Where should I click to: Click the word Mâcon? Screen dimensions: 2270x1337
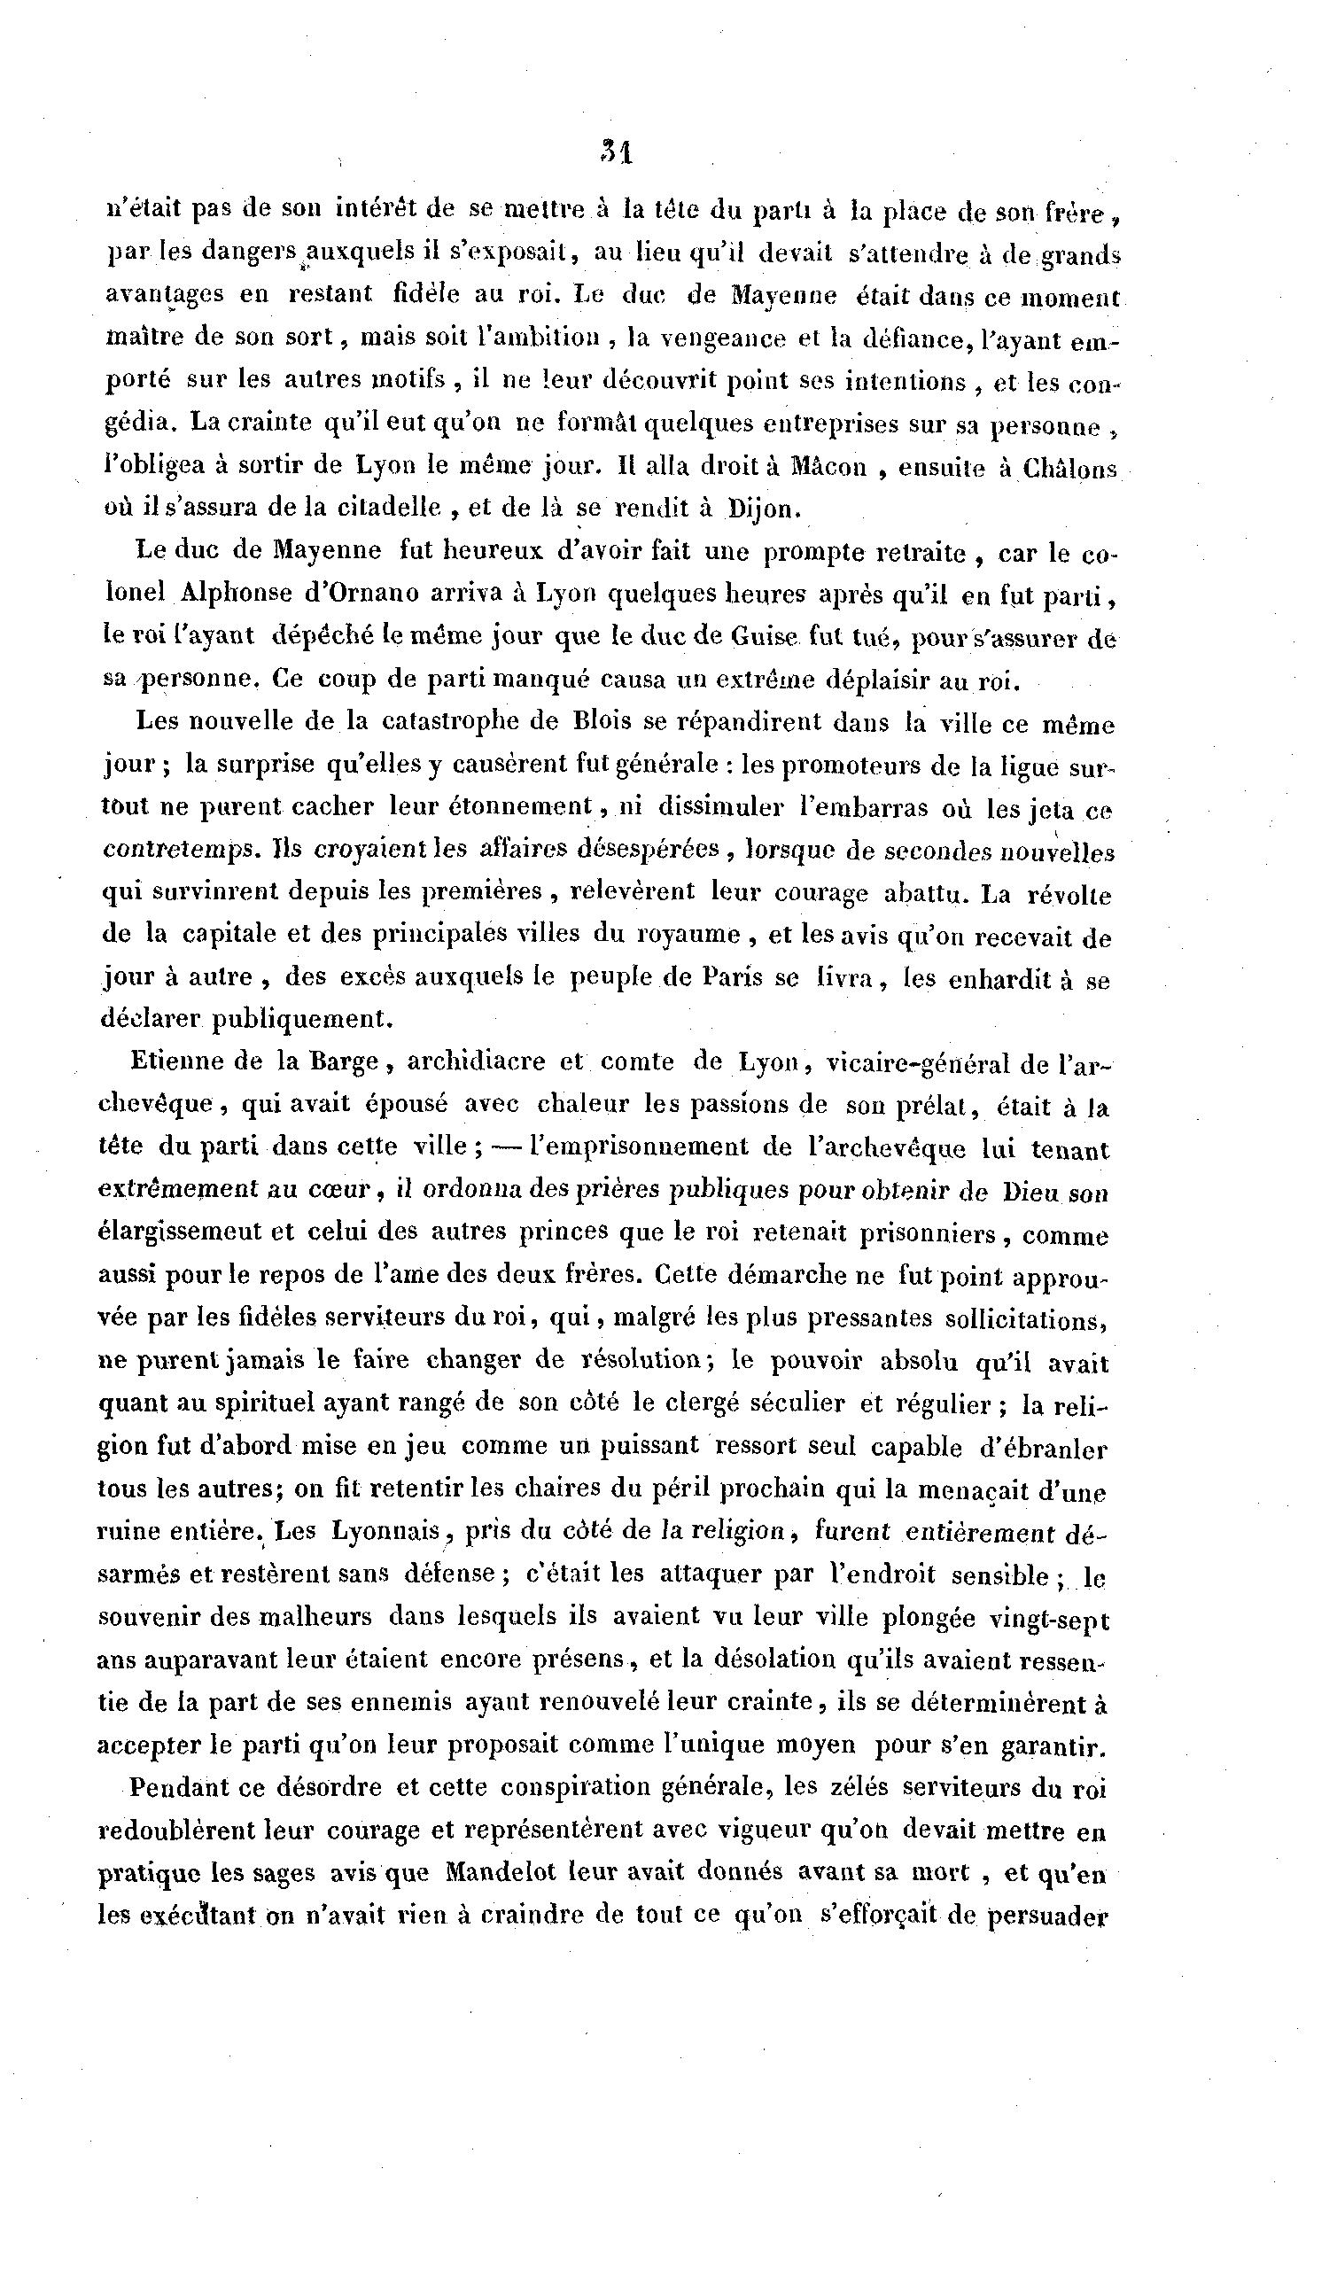[828, 467]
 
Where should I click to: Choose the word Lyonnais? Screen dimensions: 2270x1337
[384, 1530]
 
